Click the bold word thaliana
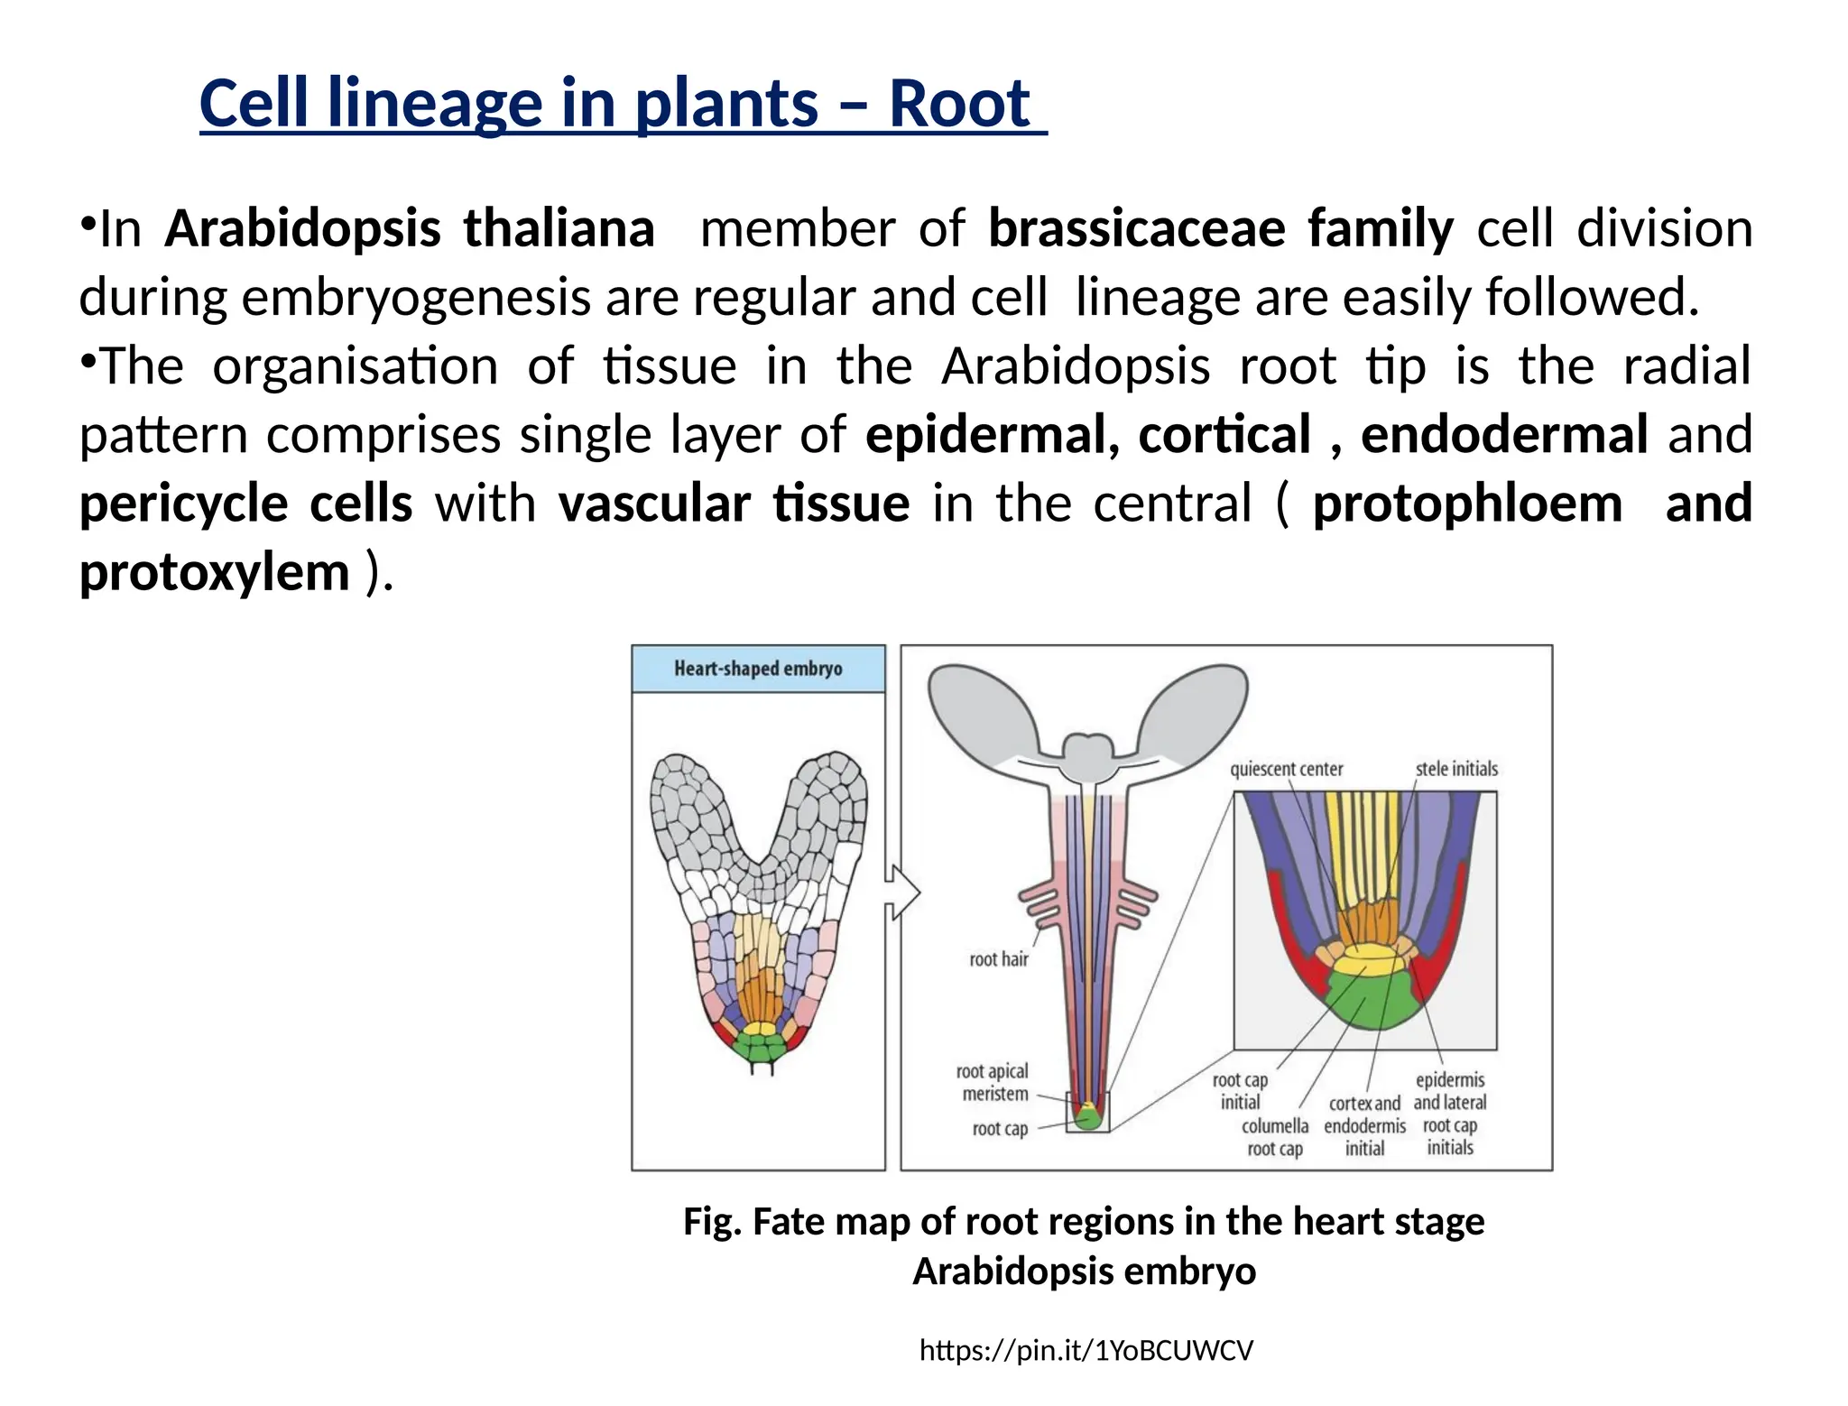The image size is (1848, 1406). tap(559, 228)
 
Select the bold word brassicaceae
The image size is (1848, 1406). tap(1136, 228)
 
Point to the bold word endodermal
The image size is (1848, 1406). tap(1504, 434)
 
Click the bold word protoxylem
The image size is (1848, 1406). tap(215, 571)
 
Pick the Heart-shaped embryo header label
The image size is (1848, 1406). tap(758, 669)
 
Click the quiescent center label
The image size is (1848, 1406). tap(1286, 769)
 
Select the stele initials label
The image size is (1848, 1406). tap(1455, 769)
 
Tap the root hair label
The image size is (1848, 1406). tap(998, 959)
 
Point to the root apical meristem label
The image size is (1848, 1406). tap(993, 1083)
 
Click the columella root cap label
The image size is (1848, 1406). tap(1274, 1137)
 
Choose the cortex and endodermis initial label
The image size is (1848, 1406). tap(1364, 1125)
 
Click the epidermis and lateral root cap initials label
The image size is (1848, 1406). tap(1449, 1114)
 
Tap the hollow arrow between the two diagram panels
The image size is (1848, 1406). tap(902, 893)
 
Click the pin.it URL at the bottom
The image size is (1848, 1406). tap(1086, 1350)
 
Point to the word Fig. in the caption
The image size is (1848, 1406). tap(713, 1221)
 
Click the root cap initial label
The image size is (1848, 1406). tap(1240, 1091)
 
